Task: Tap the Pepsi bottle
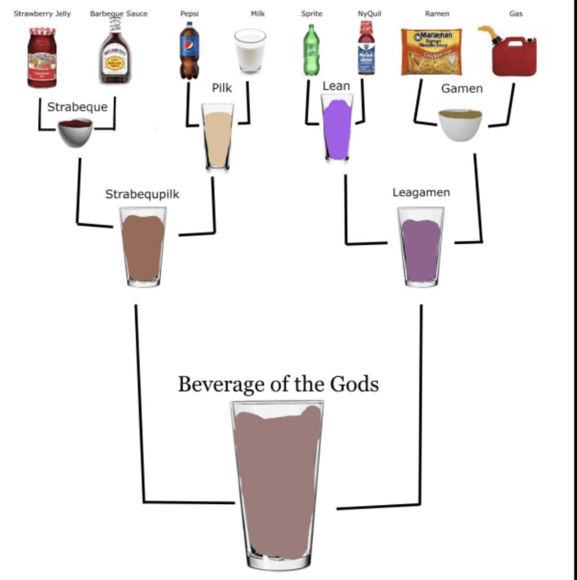pyautogui.click(x=189, y=51)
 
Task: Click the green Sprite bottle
pyautogui.click(x=311, y=51)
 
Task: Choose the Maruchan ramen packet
pyautogui.click(x=431, y=51)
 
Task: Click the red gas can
pyautogui.click(x=513, y=57)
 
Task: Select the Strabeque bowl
pyautogui.click(x=75, y=132)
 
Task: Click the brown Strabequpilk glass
pyautogui.click(x=143, y=247)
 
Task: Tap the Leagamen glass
pyautogui.click(x=421, y=247)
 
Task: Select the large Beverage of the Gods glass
pyautogui.click(x=278, y=483)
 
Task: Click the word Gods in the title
pyautogui.click(x=354, y=384)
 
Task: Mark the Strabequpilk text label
pyautogui.click(x=142, y=194)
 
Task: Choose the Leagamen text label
pyautogui.click(x=421, y=192)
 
